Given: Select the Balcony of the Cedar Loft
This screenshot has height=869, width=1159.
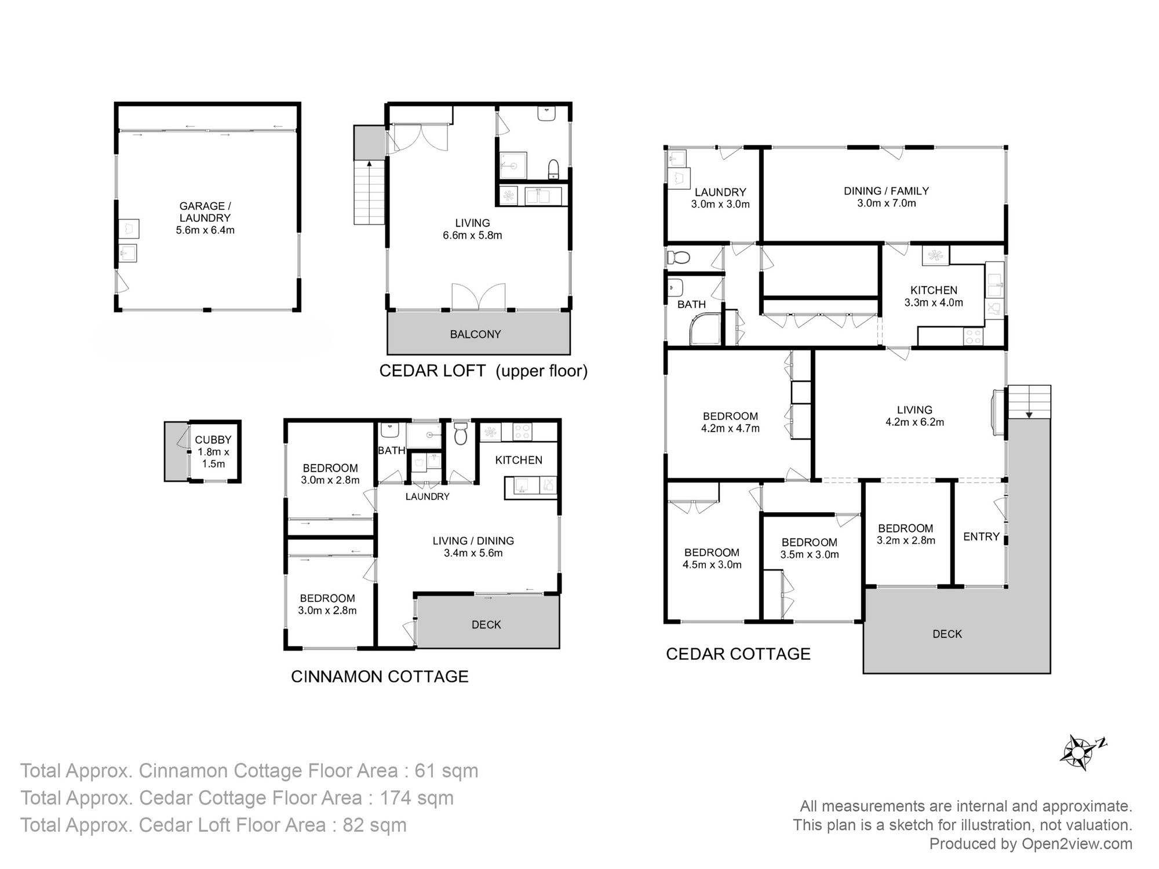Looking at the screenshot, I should pos(475,334).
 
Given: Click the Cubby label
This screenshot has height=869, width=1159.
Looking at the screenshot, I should pos(213,440).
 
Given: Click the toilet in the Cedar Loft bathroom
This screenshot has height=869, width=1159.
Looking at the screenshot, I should pos(553,169).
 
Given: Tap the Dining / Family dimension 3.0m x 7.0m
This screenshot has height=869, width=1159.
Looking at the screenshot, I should pos(886,203).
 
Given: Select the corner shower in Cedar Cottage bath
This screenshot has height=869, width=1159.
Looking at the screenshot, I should pos(704,330).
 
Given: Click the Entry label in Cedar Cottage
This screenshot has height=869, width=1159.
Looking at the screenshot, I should pos(981,537).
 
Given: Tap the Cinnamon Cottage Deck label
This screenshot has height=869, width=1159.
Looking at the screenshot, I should pos(486,625).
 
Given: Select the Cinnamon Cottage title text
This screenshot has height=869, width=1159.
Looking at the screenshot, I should pos(380,677).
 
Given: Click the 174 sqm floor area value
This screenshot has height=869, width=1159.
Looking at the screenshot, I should pos(416,798).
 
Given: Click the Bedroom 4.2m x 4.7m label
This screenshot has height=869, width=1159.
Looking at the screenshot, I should pos(730,422).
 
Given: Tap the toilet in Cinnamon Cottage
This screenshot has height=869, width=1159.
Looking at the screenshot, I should pos(461,434).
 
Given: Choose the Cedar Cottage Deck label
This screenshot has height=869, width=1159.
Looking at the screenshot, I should pos(947,634).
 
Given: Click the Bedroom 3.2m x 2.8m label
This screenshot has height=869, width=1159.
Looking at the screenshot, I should pos(905,534).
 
